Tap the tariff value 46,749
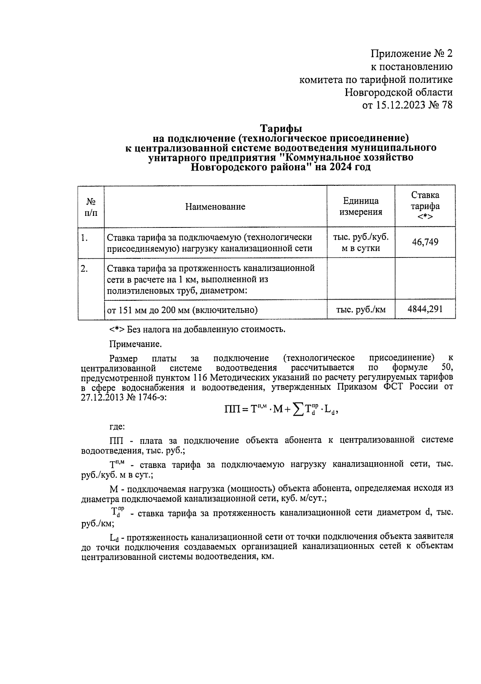pyautogui.click(x=425, y=242)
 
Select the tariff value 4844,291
pyautogui.click(x=425, y=309)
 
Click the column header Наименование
pyautogui.click(x=215, y=207)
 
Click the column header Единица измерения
pyautogui.click(x=361, y=206)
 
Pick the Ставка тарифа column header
pyautogui.click(x=425, y=206)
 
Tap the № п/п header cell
pyautogui.click(x=91, y=207)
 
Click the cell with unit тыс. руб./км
pyautogui.click(x=361, y=309)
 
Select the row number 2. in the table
pyautogui.click(x=84, y=269)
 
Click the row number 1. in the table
pyautogui.click(x=84, y=238)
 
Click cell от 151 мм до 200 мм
pyautogui.click(x=182, y=310)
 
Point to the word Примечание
pyautogui.click(x=135, y=344)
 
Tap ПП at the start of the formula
pyautogui.click(x=231, y=409)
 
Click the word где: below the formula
pyautogui.click(x=117, y=427)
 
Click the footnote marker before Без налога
pyautogui.click(x=116, y=330)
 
